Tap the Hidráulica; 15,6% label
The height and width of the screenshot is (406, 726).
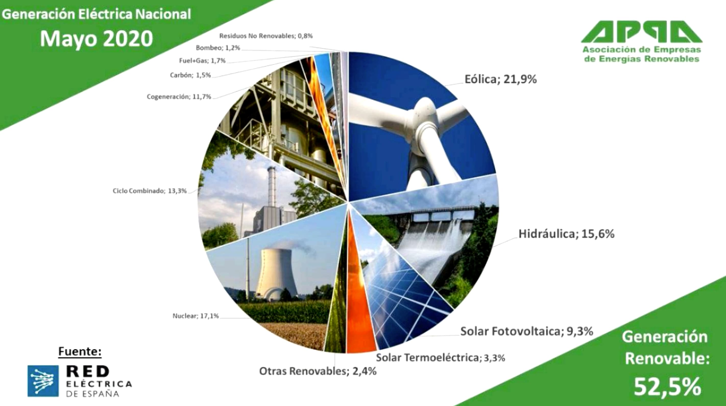pyautogui.click(x=566, y=234)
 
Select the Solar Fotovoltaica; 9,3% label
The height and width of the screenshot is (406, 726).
pyautogui.click(x=527, y=331)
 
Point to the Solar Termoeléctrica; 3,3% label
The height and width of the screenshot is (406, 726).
pyautogui.click(x=441, y=358)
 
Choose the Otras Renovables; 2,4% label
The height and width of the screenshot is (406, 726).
pyautogui.click(x=318, y=371)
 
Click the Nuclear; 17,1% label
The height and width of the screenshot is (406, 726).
pyautogui.click(x=196, y=316)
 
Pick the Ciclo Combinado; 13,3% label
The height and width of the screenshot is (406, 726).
pyautogui.click(x=150, y=191)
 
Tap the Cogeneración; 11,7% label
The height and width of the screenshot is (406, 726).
pyautogui.click(x=179, y=97)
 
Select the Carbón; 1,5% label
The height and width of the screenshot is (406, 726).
pyautogui.click(x=190, y=75)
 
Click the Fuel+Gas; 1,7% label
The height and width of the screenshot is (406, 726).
pyautogui.click(x=202, y=61)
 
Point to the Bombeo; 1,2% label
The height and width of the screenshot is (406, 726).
pyautogui.click(x=218, y=48)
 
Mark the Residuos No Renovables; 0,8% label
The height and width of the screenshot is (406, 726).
pyautogui.click(x=266, y=36)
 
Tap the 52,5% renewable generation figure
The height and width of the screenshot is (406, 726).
pyautogui.click(x=667, y=387)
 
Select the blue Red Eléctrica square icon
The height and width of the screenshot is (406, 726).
pyautogui.click(x=43, y=381)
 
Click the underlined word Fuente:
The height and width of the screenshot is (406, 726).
pyautogui.click(x=80, y=352)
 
